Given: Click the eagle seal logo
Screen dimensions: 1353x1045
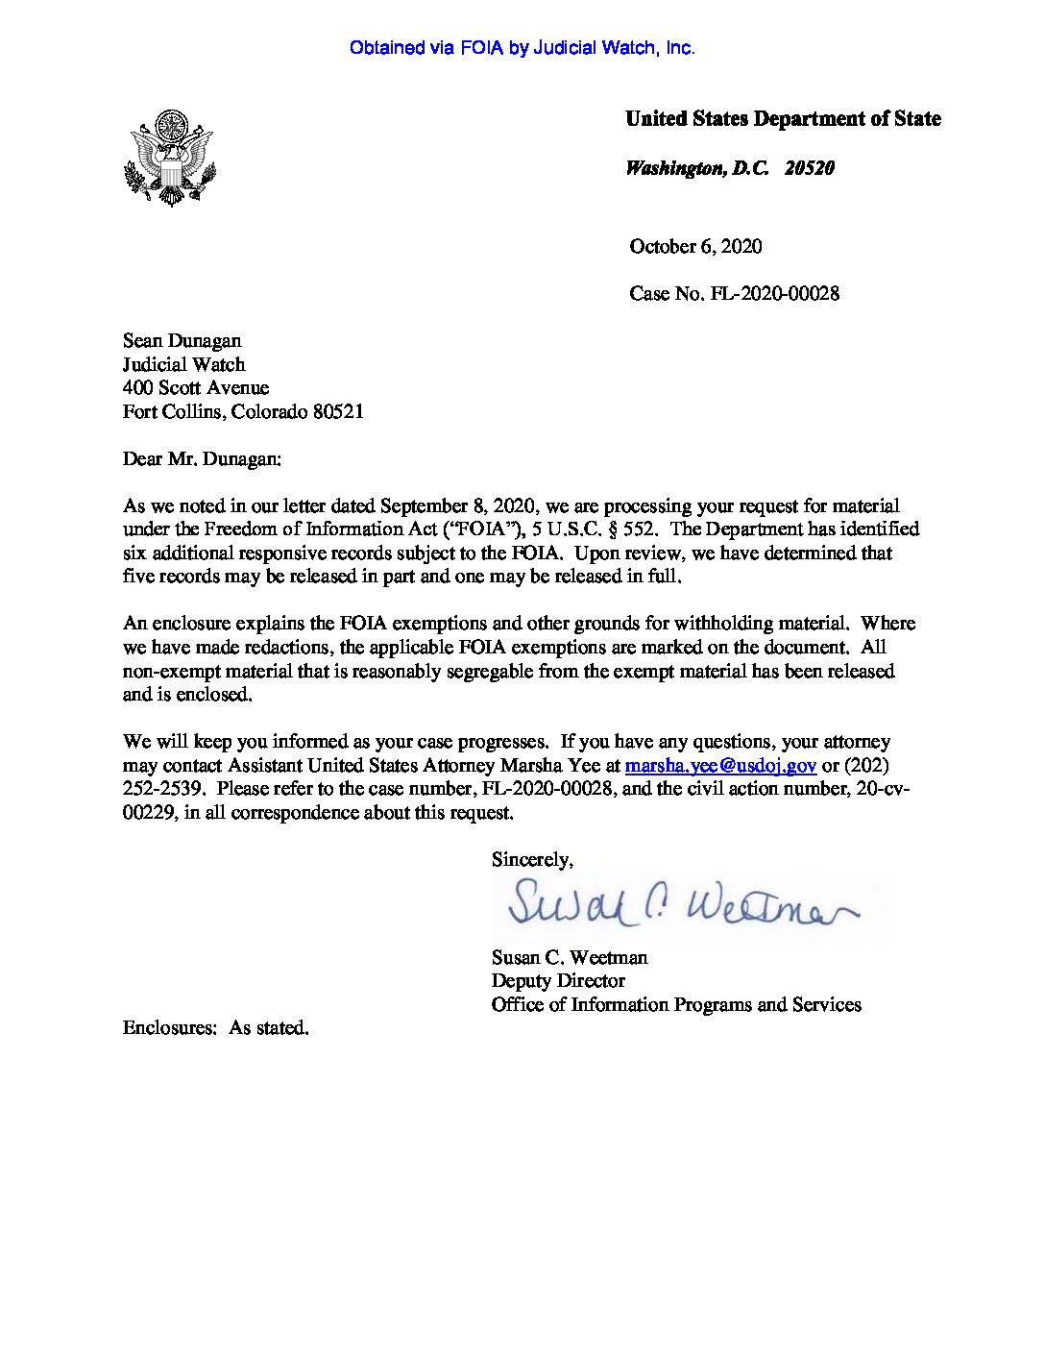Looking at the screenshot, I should (x=170, y=158).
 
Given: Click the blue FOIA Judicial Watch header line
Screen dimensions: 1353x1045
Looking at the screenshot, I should (x=522, y=48).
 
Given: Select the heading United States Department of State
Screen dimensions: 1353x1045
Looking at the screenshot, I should (x=783, y=119).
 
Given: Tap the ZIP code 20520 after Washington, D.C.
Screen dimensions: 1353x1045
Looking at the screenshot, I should (x=809, y=168).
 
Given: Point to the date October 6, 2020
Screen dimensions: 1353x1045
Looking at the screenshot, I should (x=695, y=247).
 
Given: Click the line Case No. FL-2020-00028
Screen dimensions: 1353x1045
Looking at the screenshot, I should (x=734, y=294).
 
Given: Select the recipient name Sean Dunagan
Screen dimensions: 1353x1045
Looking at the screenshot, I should (x=182, y=341).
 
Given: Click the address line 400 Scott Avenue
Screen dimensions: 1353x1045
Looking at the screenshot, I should (x=196, y=388).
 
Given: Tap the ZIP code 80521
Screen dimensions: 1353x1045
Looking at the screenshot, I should (x=337, y=412).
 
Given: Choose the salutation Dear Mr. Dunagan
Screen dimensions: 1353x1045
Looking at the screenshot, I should (x=202, y=459).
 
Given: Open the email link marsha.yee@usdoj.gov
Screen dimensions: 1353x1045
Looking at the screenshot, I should (x=720, y=766).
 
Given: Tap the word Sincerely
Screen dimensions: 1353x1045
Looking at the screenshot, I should (x=532, y=860).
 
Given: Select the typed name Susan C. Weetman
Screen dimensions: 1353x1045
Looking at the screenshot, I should (x=570, y=958).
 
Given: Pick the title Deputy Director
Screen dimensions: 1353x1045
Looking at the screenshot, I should (x=558, y=981).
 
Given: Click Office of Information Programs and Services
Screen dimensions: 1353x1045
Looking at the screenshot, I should (x=676, y=1005).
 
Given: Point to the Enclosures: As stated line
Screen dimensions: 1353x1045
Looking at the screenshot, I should (x=216, y=1028).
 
